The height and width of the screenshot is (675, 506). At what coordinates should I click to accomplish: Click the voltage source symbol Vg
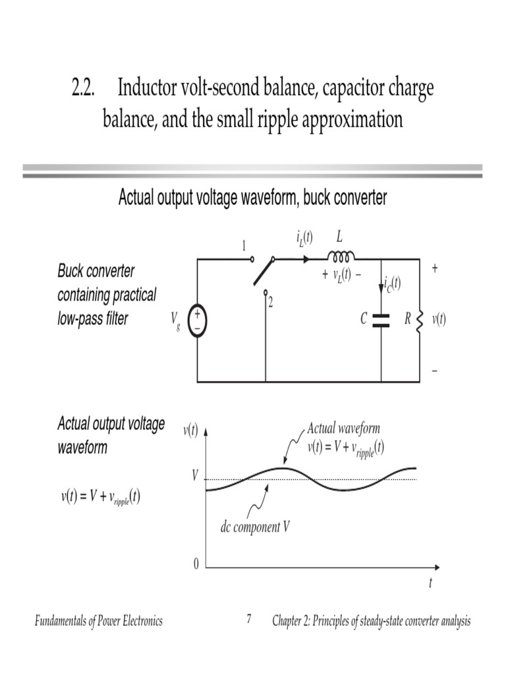[x=197, y=321]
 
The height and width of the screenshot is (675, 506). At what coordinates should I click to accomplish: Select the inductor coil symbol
[x=341, y=256]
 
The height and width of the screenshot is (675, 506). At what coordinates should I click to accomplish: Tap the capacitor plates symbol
[x=381, y=320]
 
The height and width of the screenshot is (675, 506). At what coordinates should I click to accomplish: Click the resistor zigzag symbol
[x=420, y=321]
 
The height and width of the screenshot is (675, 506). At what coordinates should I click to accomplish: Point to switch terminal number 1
[x=243, y=247]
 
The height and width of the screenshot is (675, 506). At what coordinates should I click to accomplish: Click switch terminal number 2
[x=270, y=302]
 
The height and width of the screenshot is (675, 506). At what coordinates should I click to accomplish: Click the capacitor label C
[x=364, y=320]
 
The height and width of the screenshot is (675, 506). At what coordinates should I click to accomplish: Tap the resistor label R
[x=408, y=320]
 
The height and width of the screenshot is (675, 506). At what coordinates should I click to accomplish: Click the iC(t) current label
[x=391, y=284]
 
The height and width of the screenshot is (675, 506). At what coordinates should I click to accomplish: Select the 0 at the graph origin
[x=196, y=565]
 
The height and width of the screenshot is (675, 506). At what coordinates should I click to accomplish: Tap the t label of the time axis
[x=430, y=583]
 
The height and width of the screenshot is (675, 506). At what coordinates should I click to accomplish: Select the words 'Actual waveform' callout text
[x=343, y=428]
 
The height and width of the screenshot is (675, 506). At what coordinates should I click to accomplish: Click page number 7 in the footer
[x=249, y=620]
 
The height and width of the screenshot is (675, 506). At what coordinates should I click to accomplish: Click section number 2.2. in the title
[x=84, y=88]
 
